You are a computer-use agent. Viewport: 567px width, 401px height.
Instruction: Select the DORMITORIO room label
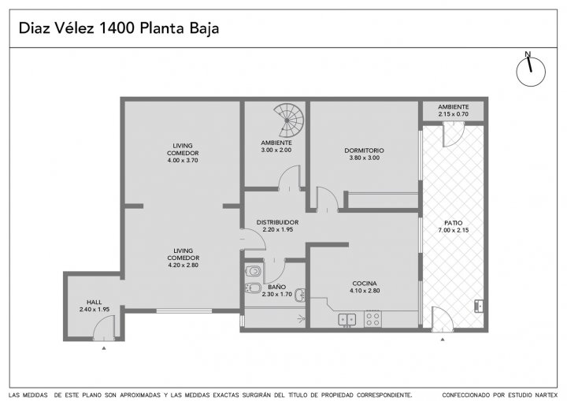(364, 150)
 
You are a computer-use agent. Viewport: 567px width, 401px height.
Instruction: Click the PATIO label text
(453, 223)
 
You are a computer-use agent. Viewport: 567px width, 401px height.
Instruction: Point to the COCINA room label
(365, 284)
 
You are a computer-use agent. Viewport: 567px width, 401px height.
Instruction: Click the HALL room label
(94, 303)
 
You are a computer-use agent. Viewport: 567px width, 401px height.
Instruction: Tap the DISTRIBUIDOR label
(277, 222)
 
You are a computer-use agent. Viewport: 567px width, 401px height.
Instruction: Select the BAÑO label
(276, 287)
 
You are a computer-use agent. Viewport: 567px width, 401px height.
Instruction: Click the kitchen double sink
(347, 320)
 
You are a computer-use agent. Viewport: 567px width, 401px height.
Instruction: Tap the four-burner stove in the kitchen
(372, 319)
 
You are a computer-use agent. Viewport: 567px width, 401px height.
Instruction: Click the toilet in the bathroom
(254, 270)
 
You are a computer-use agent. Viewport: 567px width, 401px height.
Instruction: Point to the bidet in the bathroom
(253, 288)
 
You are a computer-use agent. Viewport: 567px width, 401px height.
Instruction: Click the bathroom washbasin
(300, 295)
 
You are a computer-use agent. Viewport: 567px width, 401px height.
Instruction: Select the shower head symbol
(301, 318)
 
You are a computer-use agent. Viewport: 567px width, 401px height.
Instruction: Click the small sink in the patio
(479, 306)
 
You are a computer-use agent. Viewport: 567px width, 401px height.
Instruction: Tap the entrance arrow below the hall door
(104, 348)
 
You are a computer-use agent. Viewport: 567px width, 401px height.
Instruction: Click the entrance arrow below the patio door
(443, 340)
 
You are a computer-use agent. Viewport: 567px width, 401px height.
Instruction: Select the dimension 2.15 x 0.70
(454, 114)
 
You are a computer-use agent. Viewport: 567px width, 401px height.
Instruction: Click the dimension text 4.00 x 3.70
(183, 161)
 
